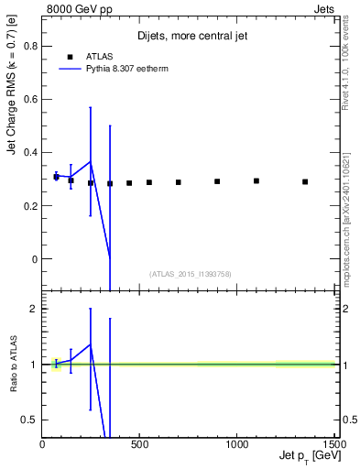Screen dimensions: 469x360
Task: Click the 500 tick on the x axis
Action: (x=139, y=444)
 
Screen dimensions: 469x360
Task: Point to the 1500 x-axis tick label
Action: (x=333, y=444)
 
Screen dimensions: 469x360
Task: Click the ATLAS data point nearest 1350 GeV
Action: (x=305, y=181)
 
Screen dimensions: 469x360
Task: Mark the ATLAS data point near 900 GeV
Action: (x=217, y=181)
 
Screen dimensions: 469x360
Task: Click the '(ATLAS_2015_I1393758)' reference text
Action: (x=189, y=273)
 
